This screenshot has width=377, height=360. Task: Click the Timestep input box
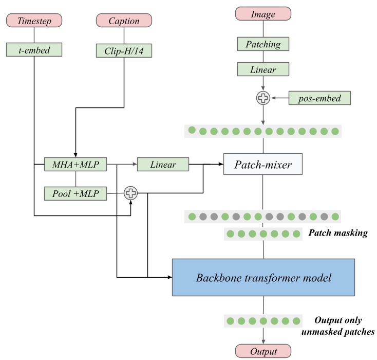click(x=34, y=21)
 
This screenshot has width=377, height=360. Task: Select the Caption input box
click(x=124, y=21)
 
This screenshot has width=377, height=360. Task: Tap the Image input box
click(x=263, y=13)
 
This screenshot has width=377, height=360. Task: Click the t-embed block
click(x=34, y=49)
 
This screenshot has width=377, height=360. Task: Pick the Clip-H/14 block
click(x=124, y=50)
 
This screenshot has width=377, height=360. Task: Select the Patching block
click(x=263, y=44)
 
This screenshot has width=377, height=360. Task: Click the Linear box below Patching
click(x=263, y=69)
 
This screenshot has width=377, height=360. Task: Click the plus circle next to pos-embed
click(x=263, y=97)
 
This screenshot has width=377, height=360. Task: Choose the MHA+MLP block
click(x=76, y=165)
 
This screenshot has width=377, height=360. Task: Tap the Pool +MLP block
click(x=76, y=193)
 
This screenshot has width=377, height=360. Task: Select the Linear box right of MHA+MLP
click(x=163, y=165)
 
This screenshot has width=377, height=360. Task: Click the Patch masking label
click(x=337, y=233)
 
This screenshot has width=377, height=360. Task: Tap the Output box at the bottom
click(x=263, y=352)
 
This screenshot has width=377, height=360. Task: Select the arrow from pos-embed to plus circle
click(x=280, y=97)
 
